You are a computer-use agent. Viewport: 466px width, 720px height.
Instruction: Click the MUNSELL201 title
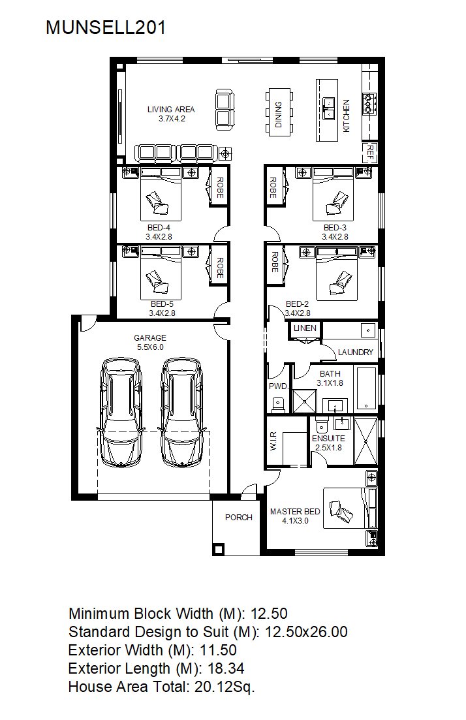[106, 28]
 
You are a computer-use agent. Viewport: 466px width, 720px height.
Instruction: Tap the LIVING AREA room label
[171, 109]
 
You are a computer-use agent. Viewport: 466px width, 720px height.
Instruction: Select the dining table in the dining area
[279, 112]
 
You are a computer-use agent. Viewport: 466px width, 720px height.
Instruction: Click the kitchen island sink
[329, 108]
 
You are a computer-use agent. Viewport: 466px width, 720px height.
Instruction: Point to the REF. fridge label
[369, 153]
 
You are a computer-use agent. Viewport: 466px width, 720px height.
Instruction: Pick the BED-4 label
[159, 227]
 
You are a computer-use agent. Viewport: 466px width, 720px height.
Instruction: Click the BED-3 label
[335, 227]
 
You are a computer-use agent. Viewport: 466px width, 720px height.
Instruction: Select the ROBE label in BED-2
[275, 262]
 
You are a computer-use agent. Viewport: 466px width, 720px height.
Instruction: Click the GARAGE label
[150, 337]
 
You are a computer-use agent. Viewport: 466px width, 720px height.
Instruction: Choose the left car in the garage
[121, 412]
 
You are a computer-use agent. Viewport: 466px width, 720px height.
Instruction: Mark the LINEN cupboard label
[305, 328]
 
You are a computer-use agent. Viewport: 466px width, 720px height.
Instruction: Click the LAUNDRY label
[355, 352]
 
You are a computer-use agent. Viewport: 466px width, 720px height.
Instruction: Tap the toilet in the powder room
[278, 404]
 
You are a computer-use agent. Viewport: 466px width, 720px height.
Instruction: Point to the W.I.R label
[273, 441]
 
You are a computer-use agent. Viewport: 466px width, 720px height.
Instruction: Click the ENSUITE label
[328, 439]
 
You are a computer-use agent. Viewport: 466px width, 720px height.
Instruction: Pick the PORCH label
[239, 518]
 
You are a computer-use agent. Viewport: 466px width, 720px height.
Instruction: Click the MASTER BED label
[295, 512]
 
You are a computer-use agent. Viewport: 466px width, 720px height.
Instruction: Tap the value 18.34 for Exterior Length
[226, 668]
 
